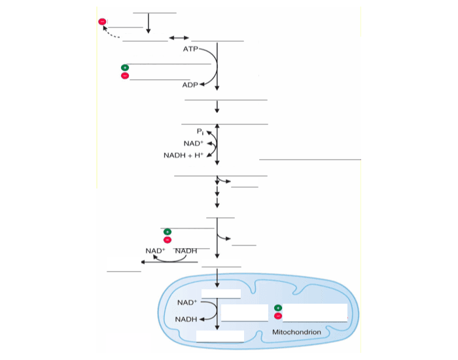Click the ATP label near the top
(x=190, y=49)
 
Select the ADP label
(x=190, y=85)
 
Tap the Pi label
(x=200, y=132)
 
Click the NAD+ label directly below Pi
(x=193, y=143)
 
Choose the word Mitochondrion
(x=296, y=333)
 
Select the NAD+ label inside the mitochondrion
(x=187, y=303)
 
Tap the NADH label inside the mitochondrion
(x=186, y=319)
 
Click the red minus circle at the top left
(x=102, y=22)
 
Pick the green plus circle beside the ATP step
(x=125, y=67)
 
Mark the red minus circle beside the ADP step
(x=125, y=76)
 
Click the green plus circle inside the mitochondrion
(x=278, y=307)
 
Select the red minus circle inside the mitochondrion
(x=278, y=316)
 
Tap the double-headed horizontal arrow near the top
(x=179, y=37)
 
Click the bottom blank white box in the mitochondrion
(x=220, y=336)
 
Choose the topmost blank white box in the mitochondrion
(x=220, y=294)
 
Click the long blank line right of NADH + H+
(x=309, y=158)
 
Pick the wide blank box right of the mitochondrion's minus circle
(x=315, y=312)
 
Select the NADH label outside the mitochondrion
(x=186, y=251)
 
